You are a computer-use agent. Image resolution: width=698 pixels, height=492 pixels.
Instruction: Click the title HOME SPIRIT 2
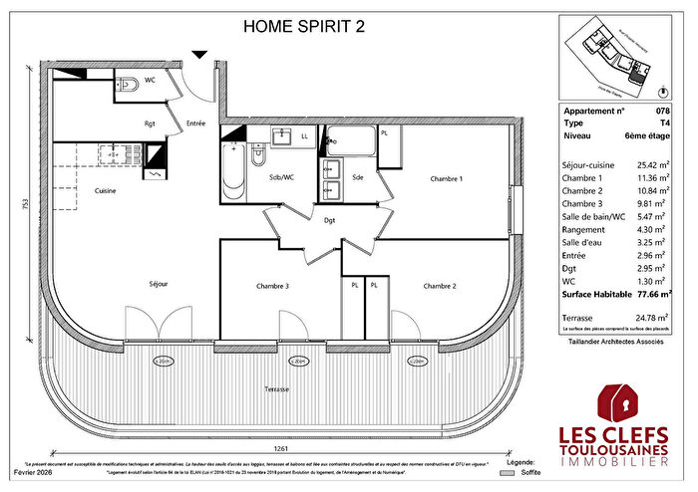pyautogui.click(x=304, y=27)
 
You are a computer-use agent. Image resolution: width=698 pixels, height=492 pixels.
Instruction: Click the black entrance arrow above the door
pyautogui.click(x=199, y=55)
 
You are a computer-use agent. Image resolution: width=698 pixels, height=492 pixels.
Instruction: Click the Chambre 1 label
pyautogui.click(x=446, y=178)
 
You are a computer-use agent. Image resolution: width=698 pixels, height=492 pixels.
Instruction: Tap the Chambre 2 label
pyautogui.click(x=440, y=286)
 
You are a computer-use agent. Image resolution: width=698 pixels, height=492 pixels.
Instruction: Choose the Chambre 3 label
pyautogui.click(x=273, y=286)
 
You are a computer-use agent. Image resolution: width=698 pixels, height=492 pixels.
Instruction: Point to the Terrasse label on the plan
pyautogui.click(x=276, y=388)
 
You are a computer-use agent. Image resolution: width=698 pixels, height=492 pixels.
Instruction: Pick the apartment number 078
pyautogui.click(x=664, y=112)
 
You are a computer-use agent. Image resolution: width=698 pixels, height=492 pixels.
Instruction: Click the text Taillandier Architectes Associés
pyautogui.click(x=615, y=342)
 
